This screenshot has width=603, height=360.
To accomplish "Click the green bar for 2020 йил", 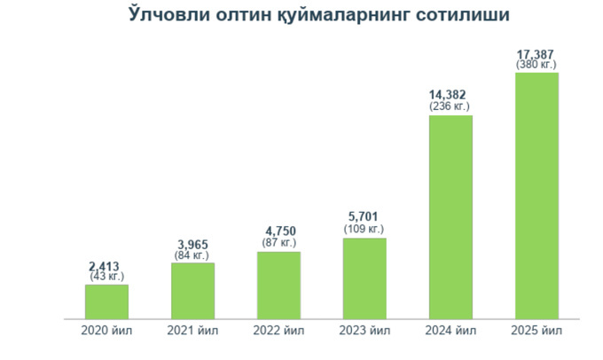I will [x=106, y=301].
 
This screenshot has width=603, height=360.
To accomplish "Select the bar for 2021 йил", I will [x=192, y=290].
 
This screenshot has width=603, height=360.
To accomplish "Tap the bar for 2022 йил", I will [x=278, y=285].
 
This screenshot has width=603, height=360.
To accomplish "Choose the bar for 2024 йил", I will [x=450, y=215].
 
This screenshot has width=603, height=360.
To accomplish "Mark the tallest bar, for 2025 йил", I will [x=536, y=194].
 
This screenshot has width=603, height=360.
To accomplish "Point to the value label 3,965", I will [x=192, y=246].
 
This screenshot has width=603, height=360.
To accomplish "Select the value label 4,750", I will [x=280, y=231].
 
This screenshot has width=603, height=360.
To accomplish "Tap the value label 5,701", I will [x=365, y=218].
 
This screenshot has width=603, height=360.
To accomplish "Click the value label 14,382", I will [x=449, y=94].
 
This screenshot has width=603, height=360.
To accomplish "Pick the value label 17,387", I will [x=536, y=53].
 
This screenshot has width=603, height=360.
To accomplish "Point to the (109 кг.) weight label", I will [x=365, y=230].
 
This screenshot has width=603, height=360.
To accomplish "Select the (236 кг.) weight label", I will [x=449, y=106].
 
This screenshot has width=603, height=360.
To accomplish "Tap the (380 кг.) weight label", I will [x=536, y=64].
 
